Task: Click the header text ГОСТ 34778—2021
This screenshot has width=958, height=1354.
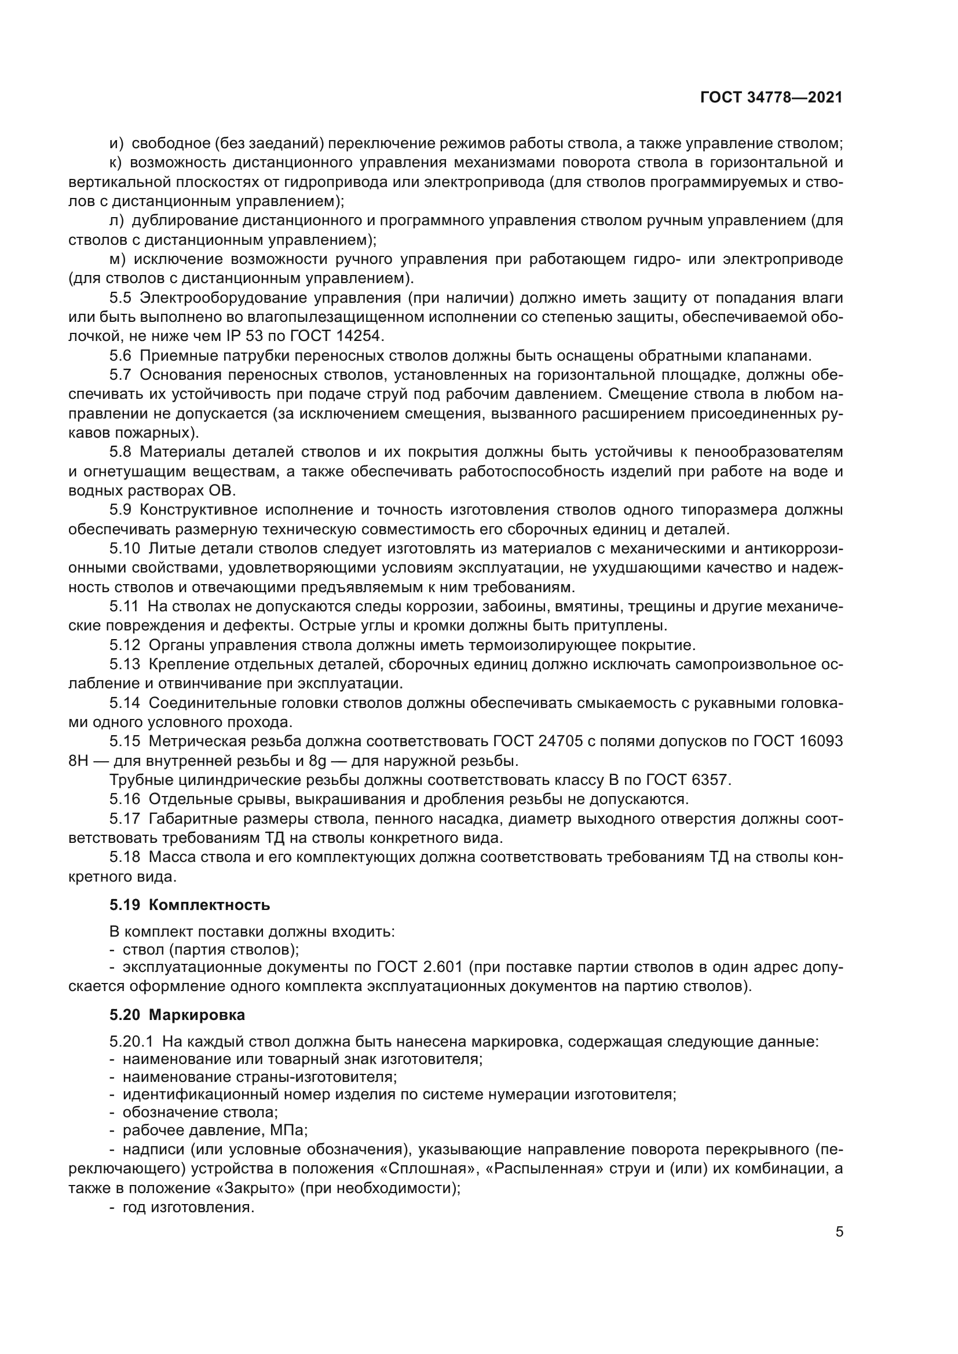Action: (771, 97)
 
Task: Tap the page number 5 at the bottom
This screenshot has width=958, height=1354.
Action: (839, 1231)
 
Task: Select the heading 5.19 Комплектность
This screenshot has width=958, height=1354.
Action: (189, 905)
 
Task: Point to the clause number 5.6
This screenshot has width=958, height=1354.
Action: (120, 355)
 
